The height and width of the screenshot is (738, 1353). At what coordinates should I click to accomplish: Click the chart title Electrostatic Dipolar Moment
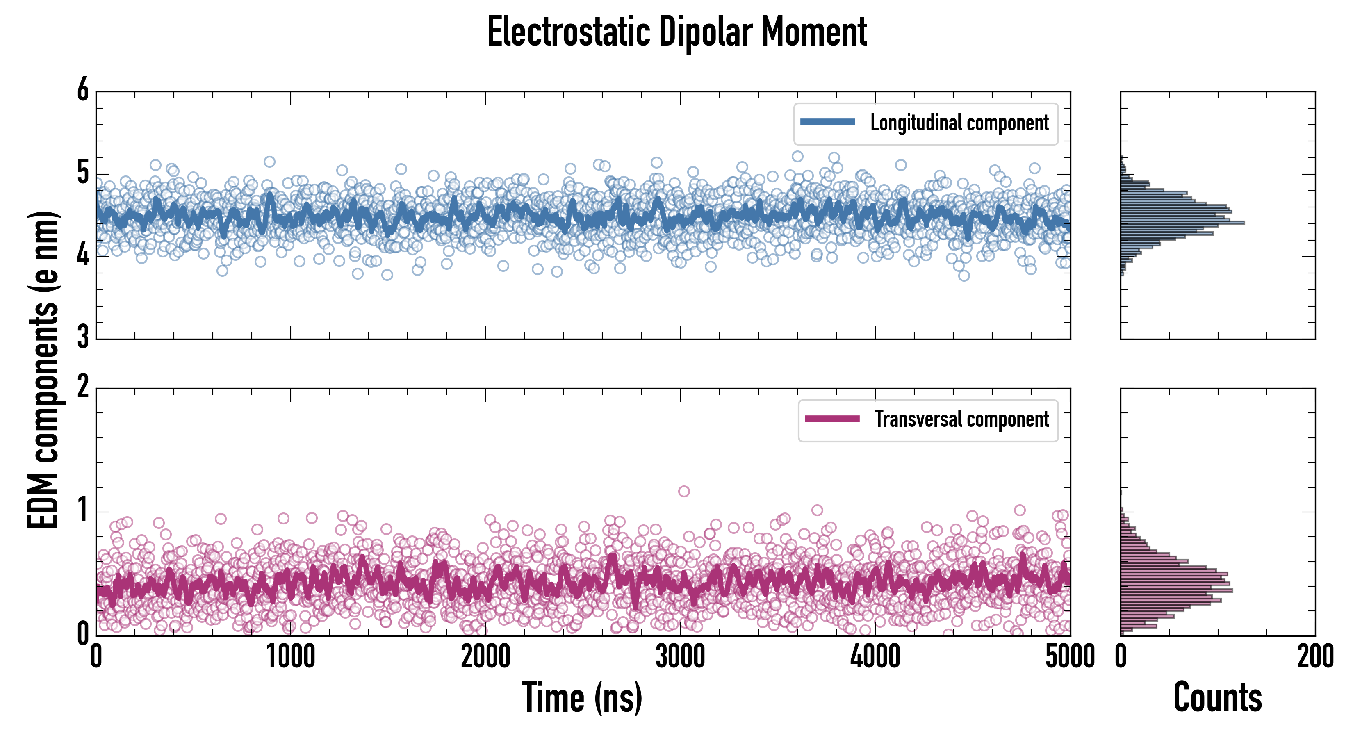676,32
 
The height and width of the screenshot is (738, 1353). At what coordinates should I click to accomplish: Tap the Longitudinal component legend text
959,123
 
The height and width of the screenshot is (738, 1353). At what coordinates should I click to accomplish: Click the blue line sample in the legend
827,123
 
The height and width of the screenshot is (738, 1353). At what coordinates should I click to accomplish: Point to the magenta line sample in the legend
832,419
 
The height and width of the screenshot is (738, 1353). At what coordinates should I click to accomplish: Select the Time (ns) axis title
582,697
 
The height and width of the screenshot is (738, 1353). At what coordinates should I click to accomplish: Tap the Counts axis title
1217,697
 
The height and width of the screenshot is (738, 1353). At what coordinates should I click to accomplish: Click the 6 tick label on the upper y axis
83,90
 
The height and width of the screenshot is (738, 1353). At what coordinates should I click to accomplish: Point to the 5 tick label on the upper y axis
83,173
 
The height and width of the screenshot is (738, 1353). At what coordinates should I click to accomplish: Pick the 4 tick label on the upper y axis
83,256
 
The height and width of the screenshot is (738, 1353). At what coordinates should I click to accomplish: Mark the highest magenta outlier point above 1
684,492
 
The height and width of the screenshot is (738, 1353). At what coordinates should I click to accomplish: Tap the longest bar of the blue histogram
1182,223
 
